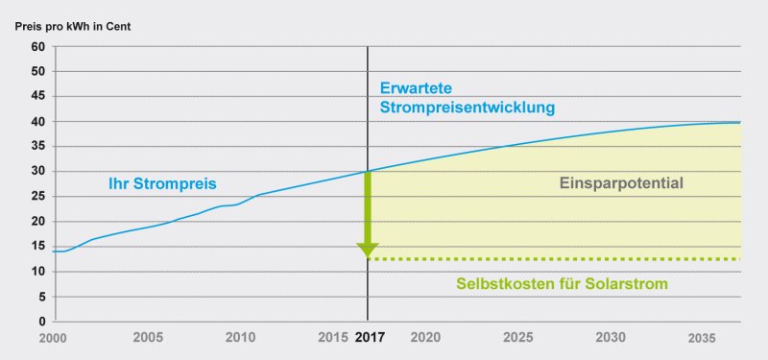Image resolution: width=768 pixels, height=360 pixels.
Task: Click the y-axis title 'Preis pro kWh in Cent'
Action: pos(73,26)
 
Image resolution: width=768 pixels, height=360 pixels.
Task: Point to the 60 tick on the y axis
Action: pos(38,46)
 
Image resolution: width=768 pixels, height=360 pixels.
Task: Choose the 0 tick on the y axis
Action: pos(41,321)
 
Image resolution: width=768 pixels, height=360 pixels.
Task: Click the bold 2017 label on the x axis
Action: pos(369,338)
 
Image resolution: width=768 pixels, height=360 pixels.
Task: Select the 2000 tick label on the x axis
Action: pos(53,338)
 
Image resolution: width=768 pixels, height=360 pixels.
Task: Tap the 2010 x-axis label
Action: pos(240,338)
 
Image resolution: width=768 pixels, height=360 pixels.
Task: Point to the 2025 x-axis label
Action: pos(517,338)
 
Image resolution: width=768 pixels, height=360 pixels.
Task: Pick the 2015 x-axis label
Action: pos(333,338)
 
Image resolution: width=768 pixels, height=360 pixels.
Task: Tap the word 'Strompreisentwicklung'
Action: pos(468,108)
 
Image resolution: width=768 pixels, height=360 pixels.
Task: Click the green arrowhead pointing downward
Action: pos(368,251)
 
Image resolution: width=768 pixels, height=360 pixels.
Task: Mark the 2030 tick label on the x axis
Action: pos(611,338)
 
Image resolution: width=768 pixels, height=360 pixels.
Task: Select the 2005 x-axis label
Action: pos(147,338)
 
